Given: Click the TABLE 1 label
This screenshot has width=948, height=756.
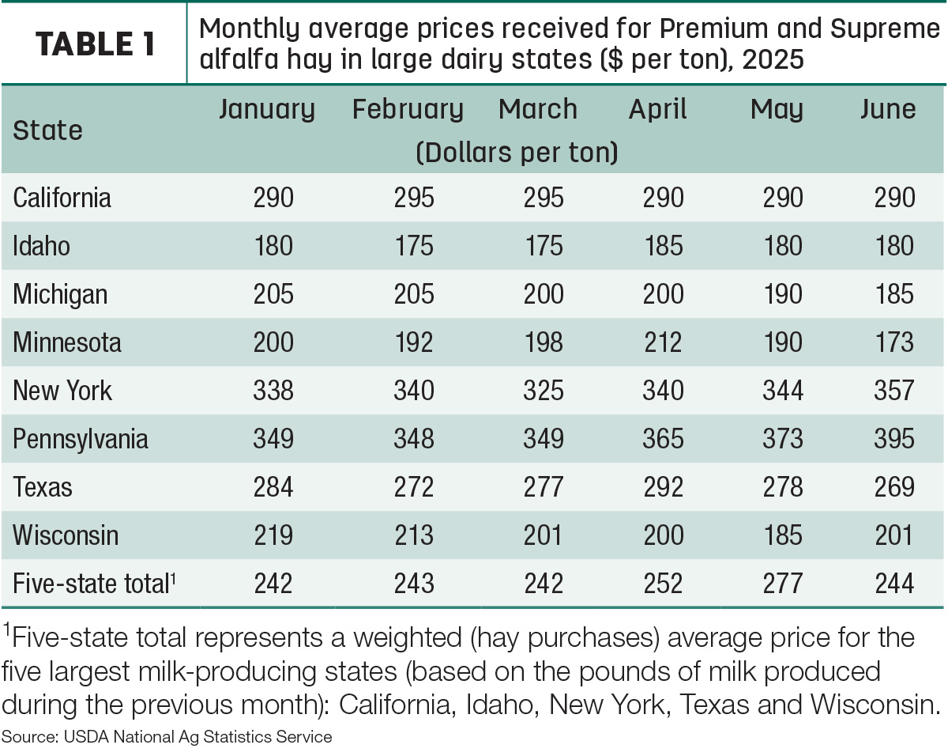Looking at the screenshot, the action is click(95, 44).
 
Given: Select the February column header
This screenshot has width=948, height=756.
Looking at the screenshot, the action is click(408, 110).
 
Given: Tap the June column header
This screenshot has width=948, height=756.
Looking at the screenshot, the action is click(888, 109).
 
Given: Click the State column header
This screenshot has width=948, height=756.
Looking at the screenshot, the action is click(47, 130).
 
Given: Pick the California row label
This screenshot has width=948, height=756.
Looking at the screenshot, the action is click(62, 198).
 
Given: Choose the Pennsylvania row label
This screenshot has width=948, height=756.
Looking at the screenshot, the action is click(80, 440).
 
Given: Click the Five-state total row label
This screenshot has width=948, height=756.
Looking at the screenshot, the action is click(94, 584).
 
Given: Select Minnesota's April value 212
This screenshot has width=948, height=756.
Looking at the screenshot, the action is click(663, 342).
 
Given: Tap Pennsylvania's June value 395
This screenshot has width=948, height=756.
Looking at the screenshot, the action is click(894, 439).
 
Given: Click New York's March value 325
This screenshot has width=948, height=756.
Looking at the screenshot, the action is click(544, 391).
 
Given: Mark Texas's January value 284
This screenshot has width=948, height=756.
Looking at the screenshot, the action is click(273, 487).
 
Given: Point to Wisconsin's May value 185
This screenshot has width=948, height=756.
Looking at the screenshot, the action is click(783, 535).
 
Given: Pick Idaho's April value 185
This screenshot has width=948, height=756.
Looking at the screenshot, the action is click(664, 246).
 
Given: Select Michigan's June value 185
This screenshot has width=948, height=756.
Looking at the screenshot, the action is click(894, 294).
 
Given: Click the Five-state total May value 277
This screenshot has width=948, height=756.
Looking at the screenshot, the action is click(782, 584).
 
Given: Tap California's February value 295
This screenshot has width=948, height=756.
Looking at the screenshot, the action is click(414, 198).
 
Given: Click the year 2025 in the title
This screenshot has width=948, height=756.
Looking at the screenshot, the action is click(773, 59).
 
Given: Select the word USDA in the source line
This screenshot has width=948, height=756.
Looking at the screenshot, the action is click(86, 737).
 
